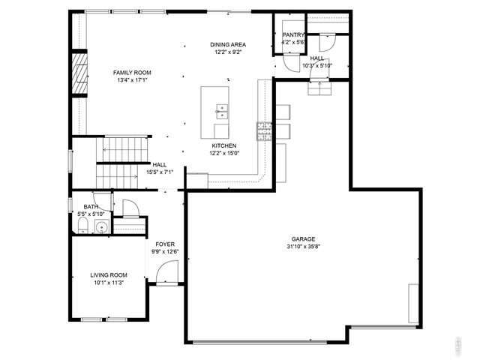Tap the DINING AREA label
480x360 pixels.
pos(228,45)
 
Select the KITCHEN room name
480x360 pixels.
pos(223,145)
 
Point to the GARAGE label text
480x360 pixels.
pos(304,239)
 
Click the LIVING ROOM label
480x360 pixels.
pos(108,275)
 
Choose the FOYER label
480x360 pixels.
pos(165,244)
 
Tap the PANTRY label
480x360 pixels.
pos(292,35)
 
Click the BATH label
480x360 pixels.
pos(91,207)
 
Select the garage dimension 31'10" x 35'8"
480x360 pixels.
pos(304,247)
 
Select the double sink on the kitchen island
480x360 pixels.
pos(221,112)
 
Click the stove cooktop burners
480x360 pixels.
pos(263,131)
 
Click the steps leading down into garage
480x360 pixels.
pos(321,89)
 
